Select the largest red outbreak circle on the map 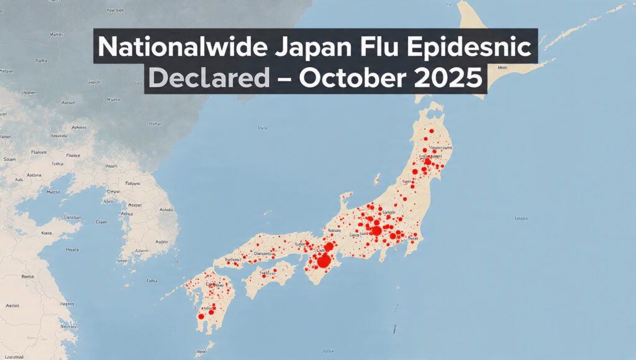pyautogui.click(x=323, y=261)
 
